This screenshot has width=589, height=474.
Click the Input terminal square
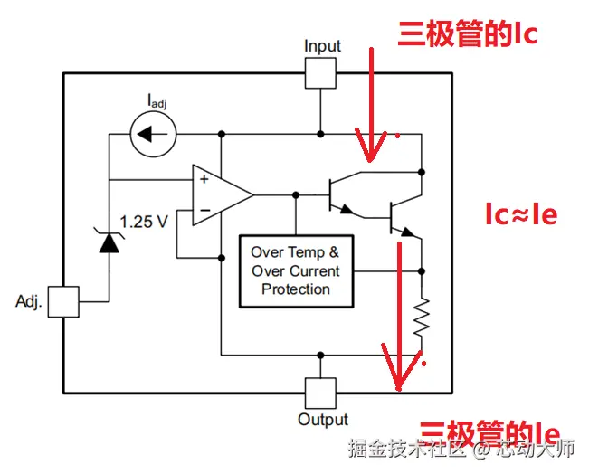[x=322, y=72]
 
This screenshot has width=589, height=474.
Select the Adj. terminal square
[x=63, y=302]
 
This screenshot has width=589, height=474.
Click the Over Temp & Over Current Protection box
[x=295, y=270]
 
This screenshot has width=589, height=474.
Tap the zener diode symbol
[x=109, y=242]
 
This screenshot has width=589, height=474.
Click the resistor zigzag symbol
[x=422, y=317]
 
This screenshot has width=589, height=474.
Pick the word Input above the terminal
[x=322, y=46]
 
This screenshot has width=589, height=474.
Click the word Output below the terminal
[x=323, y=420]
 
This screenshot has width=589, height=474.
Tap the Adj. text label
[x=29, y=302]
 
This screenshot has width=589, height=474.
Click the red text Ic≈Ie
[x=520, y=214]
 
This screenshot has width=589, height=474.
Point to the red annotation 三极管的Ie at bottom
[x=489, y=432]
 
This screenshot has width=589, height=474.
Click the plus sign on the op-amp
[x=204, y=179]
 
